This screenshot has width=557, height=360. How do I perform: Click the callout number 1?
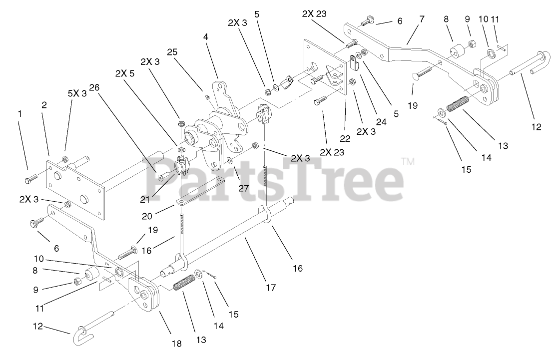click(x=20, y=114)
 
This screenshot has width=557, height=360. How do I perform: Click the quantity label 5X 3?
click(x=77, y=93)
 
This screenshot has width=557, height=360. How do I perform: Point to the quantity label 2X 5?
click(x=124, y=73)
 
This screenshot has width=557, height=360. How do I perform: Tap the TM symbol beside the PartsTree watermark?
click(x=407, y=162)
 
